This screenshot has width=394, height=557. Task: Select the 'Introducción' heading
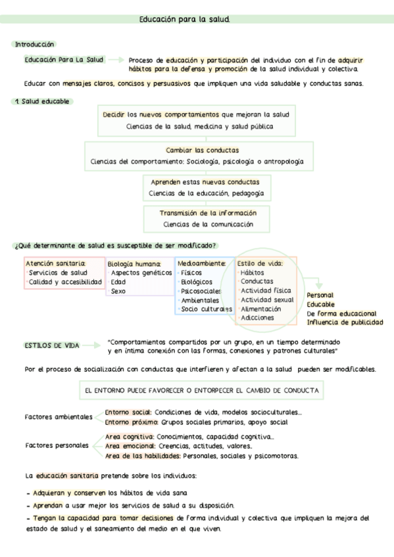tap(34, 44)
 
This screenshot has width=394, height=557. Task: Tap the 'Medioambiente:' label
tap(202, 263)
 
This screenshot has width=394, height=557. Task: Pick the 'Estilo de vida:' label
tap(260, 263)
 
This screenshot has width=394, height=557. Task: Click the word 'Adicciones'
tap(258, 318)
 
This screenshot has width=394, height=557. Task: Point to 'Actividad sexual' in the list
tap(267, 300)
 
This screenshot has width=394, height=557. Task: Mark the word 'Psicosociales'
tap(201, 290)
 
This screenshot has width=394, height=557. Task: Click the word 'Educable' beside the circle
tap(320, 304)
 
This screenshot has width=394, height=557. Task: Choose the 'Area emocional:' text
tap(128, 446)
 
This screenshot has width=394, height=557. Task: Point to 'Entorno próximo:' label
tap(128, 422)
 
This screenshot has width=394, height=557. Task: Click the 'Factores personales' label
tap(56, 445)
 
